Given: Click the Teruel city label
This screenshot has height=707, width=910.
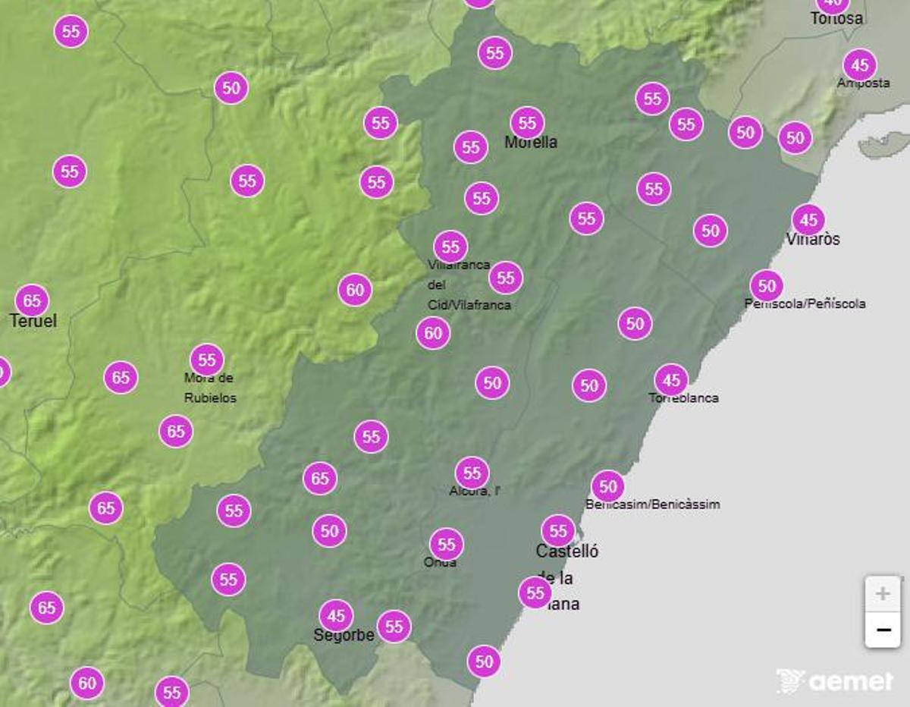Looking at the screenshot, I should click(x=33, y=321).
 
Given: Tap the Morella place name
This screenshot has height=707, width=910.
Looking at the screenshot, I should click(x=531, y=142).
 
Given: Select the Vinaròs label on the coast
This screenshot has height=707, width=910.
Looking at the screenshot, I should click(x=813, y=239).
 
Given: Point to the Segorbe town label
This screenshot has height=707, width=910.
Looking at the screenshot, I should click(x=344, y=635).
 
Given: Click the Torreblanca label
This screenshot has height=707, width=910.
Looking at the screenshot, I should click(x=683, y=397).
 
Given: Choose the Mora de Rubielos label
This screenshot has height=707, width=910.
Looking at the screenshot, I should click(x=210, y=388).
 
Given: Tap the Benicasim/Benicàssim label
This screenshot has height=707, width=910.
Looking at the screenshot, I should click(x=653, y=504).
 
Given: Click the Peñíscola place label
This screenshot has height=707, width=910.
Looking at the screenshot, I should click(x=805, y=303).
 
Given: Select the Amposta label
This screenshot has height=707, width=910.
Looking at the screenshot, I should click(x=863, y=83).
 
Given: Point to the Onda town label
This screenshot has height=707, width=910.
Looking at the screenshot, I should click(x=440, y=562).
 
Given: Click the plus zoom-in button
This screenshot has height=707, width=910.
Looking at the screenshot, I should click(x=883, y=593).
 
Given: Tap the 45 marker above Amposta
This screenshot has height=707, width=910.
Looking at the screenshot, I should click(x=859, y=64).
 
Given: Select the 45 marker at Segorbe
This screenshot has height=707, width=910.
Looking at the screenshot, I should click(x=336, y=615).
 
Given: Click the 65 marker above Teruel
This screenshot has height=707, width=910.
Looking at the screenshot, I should click(x=32, y=301).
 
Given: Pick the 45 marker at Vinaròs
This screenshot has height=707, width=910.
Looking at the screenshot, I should click(x=808, y=220).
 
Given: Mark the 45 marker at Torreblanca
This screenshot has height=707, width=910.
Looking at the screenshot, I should click(x=671, y=379).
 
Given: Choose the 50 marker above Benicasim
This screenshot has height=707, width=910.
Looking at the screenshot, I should click(x=607, y=485).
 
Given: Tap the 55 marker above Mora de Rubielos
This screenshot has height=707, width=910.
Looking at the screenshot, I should click(x=207, y=360).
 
